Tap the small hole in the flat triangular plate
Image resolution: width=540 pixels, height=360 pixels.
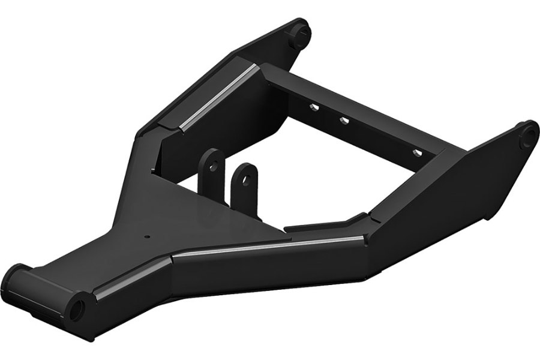146,236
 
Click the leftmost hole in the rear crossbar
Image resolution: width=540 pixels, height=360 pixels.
313,108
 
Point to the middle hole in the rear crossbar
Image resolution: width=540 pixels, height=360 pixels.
344,121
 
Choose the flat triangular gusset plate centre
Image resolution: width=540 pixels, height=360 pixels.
198,216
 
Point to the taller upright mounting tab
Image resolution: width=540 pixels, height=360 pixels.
211,171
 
